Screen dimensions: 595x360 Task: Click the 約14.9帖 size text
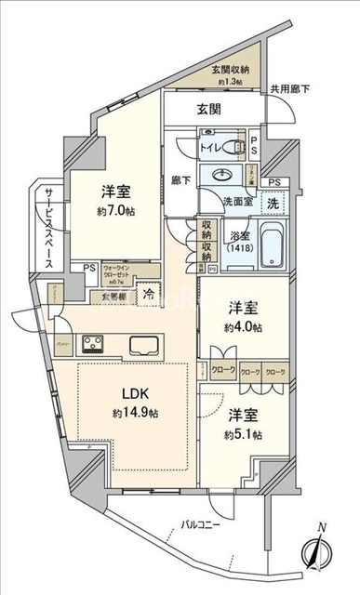click(130, 412)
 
